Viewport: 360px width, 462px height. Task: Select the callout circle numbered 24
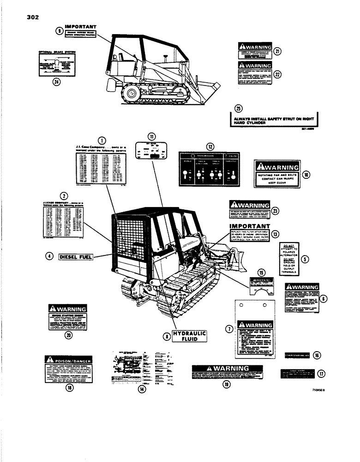(x=56, y=82)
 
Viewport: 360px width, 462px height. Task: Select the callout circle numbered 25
(x=238, y=109)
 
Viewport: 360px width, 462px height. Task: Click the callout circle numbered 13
(x=276, y=234)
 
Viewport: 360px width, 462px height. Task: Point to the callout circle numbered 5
(x=304, y=259)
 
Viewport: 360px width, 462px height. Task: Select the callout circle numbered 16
(x=317, y=355)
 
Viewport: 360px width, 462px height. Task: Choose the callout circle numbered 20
(x=69, y=336)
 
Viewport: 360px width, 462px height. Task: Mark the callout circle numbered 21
(x=277, y=51)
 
